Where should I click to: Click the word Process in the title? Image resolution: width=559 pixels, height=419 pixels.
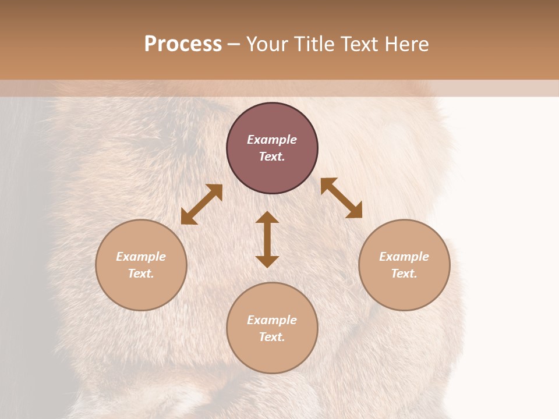click(x=183, y=44)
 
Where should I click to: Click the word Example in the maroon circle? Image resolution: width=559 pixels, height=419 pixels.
click(x=272, y=140)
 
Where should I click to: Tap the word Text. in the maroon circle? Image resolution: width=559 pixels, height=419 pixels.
click(x=272, y=157)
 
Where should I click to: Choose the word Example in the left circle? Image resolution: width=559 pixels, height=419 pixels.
click(x=141, y=257)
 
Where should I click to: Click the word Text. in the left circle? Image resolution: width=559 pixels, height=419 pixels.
click(x=141, y=274)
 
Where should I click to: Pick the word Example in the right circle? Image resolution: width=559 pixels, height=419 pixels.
click(x=404, y=257)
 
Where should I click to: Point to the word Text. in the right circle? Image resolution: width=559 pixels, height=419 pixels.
click(x=404, y=274)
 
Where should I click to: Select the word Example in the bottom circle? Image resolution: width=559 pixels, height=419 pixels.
click(x=272, y=320)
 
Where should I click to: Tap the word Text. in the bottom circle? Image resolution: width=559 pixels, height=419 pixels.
click(x=272, y=337)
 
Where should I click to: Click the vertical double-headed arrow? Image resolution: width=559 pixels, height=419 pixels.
click(x=267, y=239)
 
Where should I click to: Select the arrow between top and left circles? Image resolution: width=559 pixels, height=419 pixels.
click(x=201, y=204)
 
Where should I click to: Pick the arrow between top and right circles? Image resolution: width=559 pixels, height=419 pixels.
click(x=341, y=198)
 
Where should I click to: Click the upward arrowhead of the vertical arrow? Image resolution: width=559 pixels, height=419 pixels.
click(x=267, y=217)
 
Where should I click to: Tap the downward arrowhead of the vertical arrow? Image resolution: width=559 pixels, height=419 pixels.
click(x=267, y=261)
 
